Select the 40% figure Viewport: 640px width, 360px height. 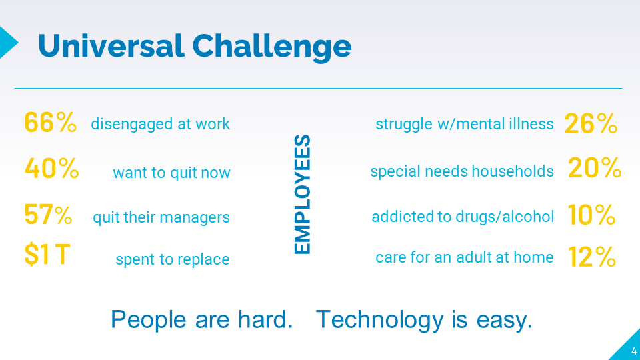[52, 169]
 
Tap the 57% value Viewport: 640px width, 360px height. [48, 215]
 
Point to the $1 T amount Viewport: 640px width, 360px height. [46, 255]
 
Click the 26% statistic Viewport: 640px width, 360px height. [591, 123]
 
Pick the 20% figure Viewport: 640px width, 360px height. [595, 169]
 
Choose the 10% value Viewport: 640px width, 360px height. [591, 215]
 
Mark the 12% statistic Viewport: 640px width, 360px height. [591, 257]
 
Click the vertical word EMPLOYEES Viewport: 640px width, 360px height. [303, 194]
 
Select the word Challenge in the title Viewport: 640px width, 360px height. [271, 46]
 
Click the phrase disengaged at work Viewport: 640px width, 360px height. [160, 124]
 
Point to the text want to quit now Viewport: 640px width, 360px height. [171, 173]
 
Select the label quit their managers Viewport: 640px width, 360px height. [161, 217]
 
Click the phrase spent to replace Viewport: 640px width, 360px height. [173, 259]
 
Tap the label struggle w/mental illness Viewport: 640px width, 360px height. [465, 124]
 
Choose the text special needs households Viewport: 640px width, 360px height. [462, 171]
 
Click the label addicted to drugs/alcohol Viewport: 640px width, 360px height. [463, 217]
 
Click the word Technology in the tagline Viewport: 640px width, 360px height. [380, 320]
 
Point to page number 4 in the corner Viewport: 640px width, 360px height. [633, 351]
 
